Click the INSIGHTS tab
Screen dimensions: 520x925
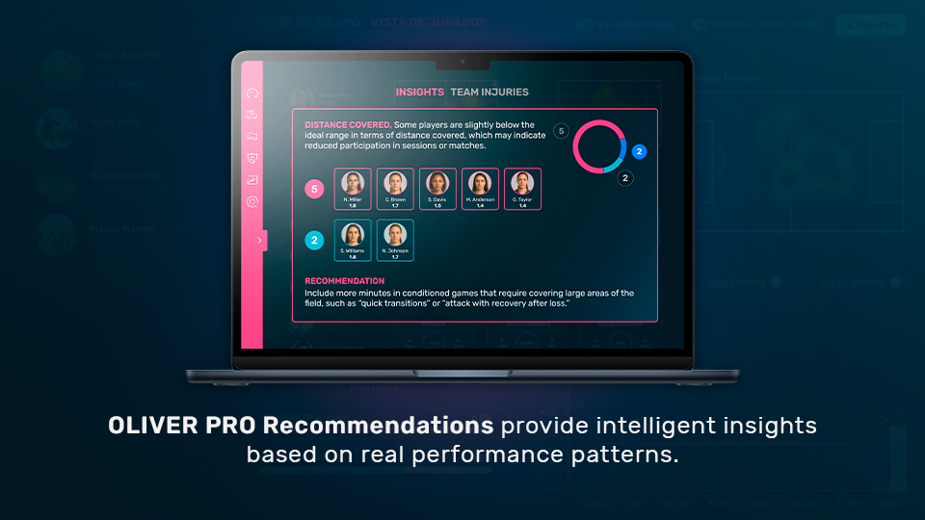[x=419, y=92]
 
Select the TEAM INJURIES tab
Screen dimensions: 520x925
[x=489, y=92]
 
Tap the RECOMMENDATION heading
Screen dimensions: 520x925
[x=345, y=281]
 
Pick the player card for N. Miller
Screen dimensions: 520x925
[x=353, y=189]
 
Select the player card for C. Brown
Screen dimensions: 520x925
[x=395, y=189]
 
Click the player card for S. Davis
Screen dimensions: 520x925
[x=437, y=189]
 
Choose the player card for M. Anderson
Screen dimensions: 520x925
[x=481, y=189]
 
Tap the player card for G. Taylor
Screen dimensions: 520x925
[x=523, y=189]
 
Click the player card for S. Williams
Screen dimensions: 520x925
[x=353, y=240]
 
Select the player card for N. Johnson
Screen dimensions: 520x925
[x=395, y=240]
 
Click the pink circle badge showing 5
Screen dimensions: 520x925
[x=314, y=190]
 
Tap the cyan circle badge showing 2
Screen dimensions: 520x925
[x=314, y=241]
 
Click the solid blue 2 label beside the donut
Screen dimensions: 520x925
[x=639, y=151]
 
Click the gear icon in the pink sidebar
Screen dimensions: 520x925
[x=252, y=201]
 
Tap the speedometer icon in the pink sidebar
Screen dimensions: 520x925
[x=252, y=93]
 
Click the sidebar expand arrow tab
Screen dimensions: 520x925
[x=259, y=240]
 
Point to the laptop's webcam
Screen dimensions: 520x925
[x=462, y=61]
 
